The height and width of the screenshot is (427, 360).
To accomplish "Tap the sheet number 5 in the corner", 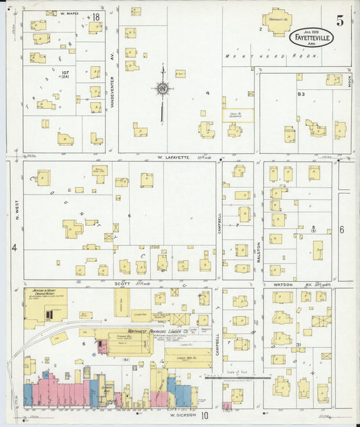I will pyautogui.click(x=340, y=21).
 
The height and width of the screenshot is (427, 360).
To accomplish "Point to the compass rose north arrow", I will pyautogui.click(x=162, y=89).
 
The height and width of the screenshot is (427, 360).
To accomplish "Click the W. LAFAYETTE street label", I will pyautogui.click(x=172, y=157).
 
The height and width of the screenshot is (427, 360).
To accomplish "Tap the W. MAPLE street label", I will pyautogui.click(x=70, y=13).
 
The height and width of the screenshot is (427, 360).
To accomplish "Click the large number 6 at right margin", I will pyautogui.click(x=342, y=230).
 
